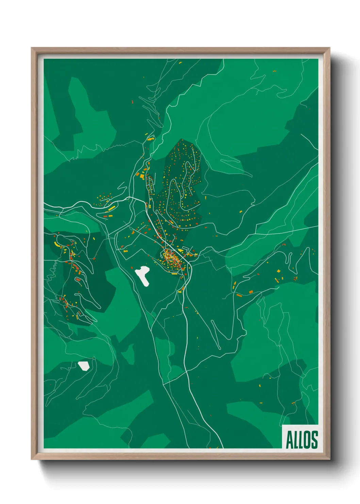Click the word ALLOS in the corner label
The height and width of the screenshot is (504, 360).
[301, 440]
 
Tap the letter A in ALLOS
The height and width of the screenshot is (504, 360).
[289, 440]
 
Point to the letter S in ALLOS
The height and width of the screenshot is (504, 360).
[314, 440]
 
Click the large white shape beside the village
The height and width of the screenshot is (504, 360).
[143, 275]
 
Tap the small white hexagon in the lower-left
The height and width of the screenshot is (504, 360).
[84, 366]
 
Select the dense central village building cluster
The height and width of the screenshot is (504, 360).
[174, 261]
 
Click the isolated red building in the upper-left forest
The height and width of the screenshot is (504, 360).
[133, 101]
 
